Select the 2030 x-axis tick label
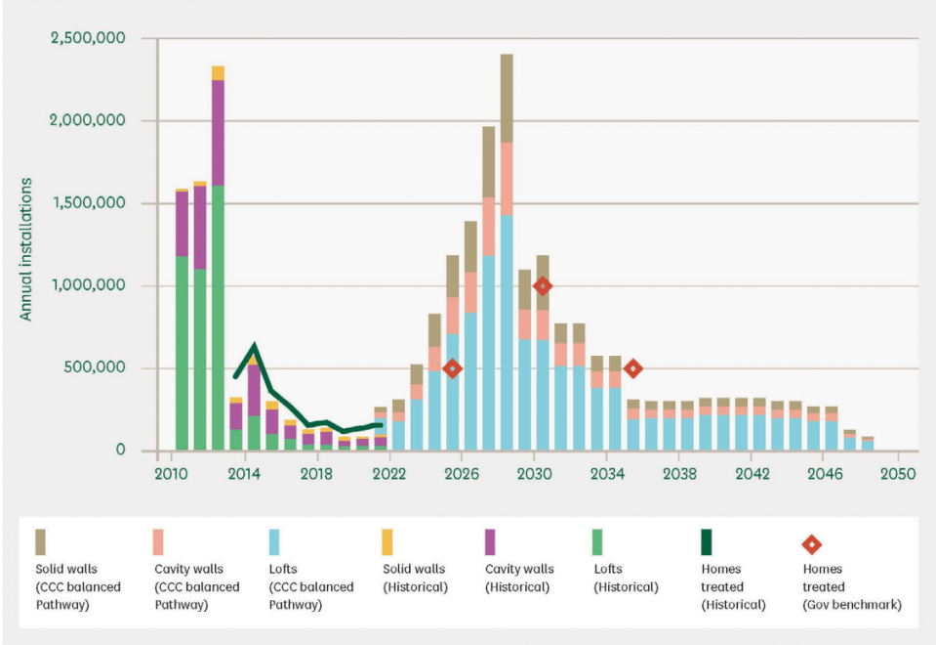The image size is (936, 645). [x=533, y=473]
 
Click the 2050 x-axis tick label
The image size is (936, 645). [x=897, y=473]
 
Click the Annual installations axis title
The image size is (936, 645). [x=26, y=249]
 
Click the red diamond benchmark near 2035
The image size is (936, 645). [x=632, y=368]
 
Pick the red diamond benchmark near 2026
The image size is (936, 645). [x=452, y=368]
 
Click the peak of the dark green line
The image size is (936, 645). [x=254, y=346]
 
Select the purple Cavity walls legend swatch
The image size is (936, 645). [x=490, y=541]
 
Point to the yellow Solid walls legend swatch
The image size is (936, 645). [x=387, y=541]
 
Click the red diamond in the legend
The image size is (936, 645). [x=810, y=544]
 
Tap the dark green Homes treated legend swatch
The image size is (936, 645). [x=708, y=541]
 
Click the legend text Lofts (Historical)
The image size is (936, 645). [x=625, y=578]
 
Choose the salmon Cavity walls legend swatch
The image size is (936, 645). [x=158, y=541]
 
